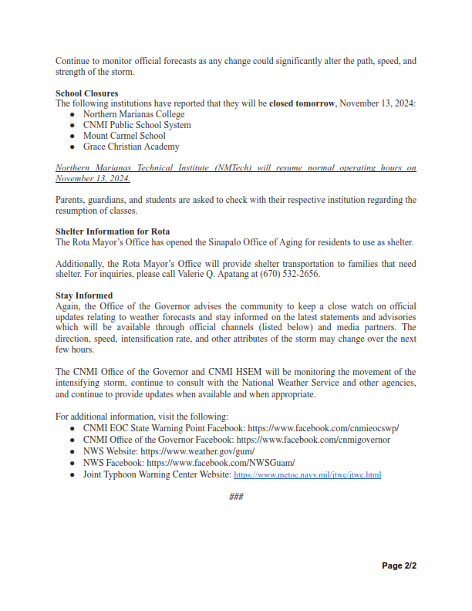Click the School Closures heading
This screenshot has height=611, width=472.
pos(86,93)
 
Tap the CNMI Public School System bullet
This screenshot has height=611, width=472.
pos(137,125)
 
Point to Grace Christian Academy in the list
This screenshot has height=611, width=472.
pos(130,147)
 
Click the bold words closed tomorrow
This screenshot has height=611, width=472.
pos(302,103)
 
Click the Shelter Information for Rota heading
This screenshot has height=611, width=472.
pos(113,231)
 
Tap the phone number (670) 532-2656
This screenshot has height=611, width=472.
pos(292,274)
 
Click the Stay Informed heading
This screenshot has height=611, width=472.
pos(84,295)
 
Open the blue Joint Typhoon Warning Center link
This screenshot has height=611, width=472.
pos(307,475)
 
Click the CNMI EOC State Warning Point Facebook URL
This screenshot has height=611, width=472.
pos(323,428)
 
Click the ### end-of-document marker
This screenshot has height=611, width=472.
pos(236,496)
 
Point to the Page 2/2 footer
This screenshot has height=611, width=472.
pos(400,565)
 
